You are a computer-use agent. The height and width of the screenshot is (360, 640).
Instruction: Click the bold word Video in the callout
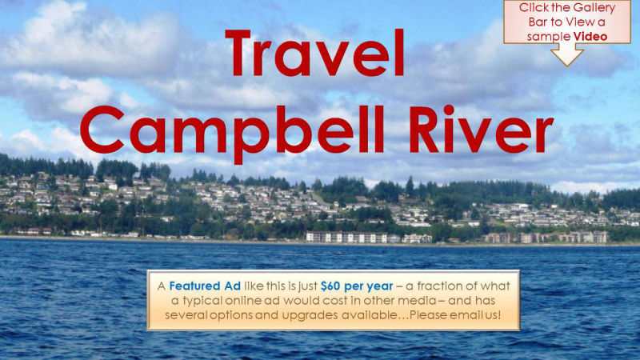(x=590, y=36)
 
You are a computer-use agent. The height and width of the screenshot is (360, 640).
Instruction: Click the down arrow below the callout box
(x=567, y=54)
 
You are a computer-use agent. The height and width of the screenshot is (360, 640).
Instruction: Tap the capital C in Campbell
(x=104, y=127)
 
